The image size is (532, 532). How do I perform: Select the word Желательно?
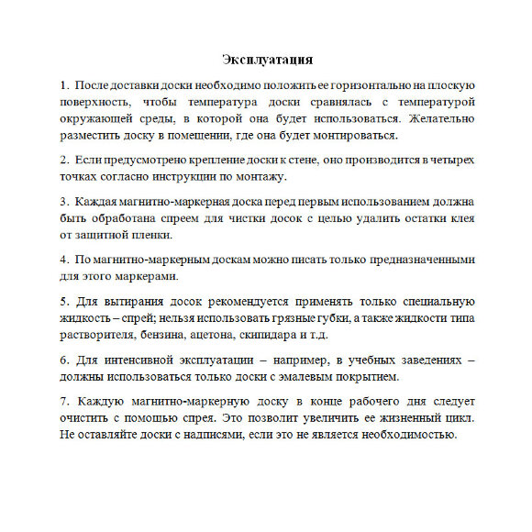coord(437,118)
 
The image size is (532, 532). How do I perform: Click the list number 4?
coord(64,259)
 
